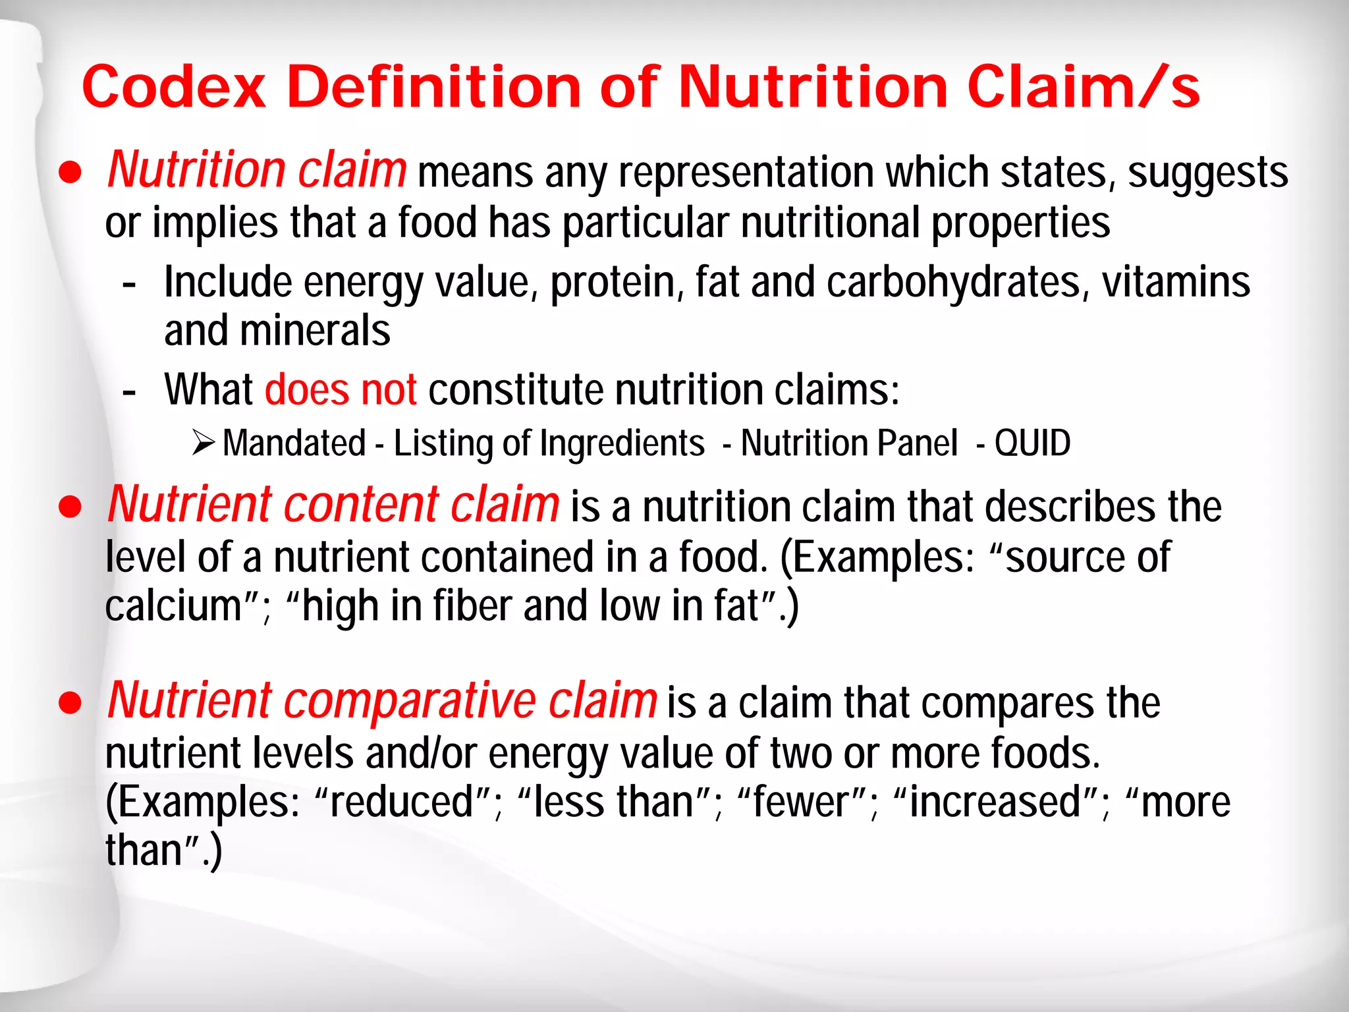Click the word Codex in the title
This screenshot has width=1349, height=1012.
174,88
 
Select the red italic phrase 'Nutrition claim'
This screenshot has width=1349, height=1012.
257,170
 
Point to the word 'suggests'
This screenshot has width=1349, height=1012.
1207,173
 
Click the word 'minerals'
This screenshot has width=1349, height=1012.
315,331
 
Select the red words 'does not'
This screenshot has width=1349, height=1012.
341,389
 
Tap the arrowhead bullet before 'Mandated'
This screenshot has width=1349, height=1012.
204,442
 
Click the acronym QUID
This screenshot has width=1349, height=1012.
1032,443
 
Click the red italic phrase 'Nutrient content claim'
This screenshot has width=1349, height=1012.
333,505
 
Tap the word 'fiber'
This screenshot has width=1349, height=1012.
472,606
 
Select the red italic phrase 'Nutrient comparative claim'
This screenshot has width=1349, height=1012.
382,700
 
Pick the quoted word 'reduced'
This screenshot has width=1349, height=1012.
402,802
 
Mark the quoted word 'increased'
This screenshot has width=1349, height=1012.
995,802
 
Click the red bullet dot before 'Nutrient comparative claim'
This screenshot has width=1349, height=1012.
70,702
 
